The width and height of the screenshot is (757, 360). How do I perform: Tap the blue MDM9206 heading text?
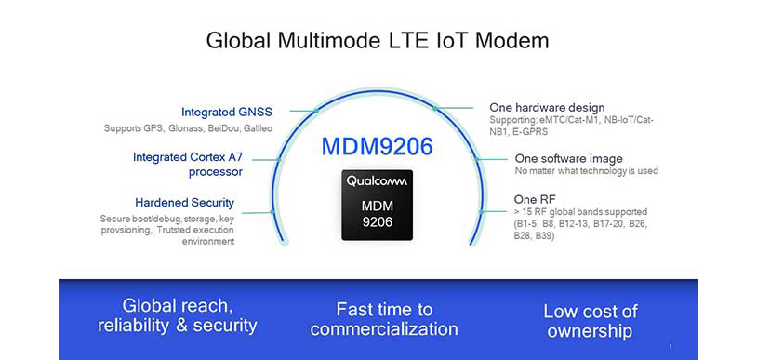377,146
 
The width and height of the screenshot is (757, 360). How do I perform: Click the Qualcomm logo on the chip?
377,180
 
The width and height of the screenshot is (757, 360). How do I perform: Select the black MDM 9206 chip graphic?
377,204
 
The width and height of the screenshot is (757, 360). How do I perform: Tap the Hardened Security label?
185,202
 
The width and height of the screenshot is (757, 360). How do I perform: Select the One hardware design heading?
547,107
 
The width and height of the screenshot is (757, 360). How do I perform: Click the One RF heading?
533,199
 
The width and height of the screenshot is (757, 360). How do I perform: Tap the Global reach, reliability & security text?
177,316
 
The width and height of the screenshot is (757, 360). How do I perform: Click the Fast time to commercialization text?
384,319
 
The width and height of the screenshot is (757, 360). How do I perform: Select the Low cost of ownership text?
591,321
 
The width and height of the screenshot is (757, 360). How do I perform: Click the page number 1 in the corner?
670,346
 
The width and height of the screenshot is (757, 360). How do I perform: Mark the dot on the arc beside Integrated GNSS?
317,111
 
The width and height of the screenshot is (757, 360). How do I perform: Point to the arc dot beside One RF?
480,212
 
